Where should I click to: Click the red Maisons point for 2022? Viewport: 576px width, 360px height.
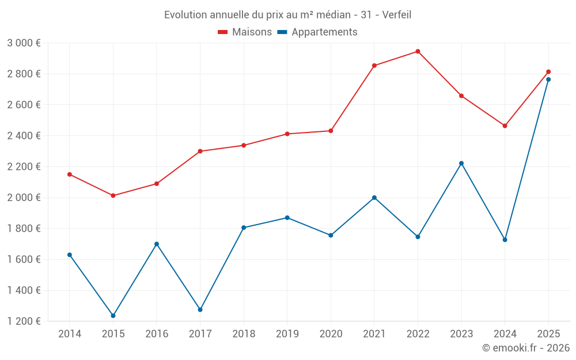click(x=418, y=51)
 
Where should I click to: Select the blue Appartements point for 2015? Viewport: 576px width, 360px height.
click(x=113, y=316)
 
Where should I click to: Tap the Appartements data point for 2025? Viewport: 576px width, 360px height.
click(x=548, y=79)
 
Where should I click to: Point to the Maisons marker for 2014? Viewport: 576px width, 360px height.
click(x=70, y=174)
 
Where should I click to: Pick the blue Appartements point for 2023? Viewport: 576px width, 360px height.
click(x=461, y=163)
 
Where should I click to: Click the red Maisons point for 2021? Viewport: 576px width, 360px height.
click(x=374, y=66)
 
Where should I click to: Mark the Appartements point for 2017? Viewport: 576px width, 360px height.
click(x=200, y=310)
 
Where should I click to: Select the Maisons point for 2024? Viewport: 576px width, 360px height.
click(x=505, y=126)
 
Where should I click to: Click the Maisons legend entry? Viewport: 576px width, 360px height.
click(x=245, y=32)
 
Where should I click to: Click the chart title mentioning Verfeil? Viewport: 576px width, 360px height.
click(x=287, y=15)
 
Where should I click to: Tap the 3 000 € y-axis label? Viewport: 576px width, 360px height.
click(x=24, y=43)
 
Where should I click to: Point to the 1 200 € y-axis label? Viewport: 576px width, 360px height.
click(x=24, y=321)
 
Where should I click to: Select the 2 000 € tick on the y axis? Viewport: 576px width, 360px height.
click(x=24, y=198)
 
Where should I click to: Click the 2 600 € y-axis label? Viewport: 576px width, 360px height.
click(x=24, y=105)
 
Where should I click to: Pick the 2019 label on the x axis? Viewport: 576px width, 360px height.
click(x=287, y=334)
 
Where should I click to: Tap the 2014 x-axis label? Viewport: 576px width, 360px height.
click(x=70, y=334)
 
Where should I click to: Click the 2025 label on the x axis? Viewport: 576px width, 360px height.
click(x=548, y=334)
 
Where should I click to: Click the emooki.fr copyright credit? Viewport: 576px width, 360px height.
click(x=525, y=348)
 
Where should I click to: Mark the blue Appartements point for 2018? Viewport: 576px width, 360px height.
click(x=244, y=228)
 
